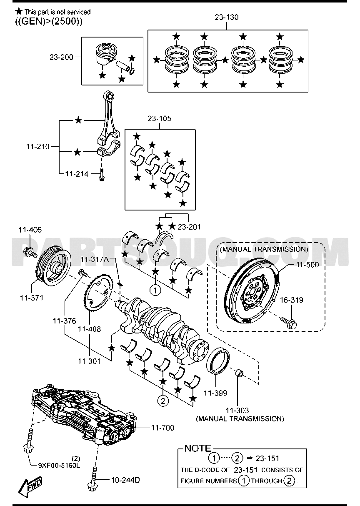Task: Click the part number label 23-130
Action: pyautogui.click(x=227, y=18)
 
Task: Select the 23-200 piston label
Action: pyautogui.click(x=61, y=57)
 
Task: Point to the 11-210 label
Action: pyautogui.click(x=38, y=147)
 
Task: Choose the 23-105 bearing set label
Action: pyautogui.click(x=160, y=119)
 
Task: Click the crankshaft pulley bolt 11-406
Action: pyautogui.click(x=30, y=252)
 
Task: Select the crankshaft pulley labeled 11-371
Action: pyautogui.click(x=53, y=268)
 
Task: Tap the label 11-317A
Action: pyautogui.click(x=95, y=259)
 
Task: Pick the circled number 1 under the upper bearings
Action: pyautogui.click(x=155, y=290)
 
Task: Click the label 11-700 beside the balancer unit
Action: pyautogui.click(x=162, y=428)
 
